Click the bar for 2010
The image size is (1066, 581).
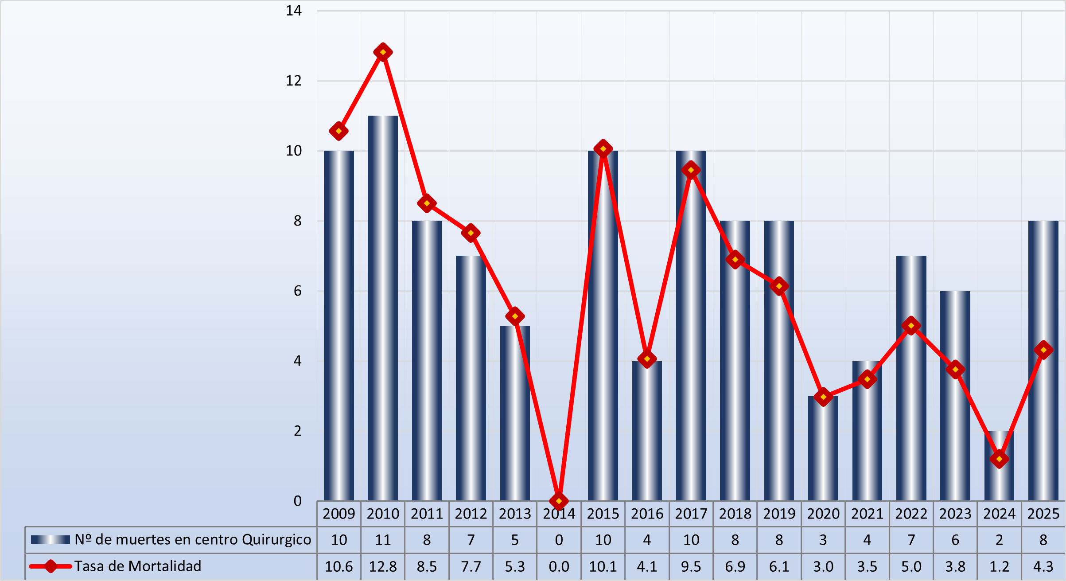[383, 310]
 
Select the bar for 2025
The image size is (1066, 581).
[1043, 399]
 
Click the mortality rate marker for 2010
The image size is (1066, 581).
[383, 52]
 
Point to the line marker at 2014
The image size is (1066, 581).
[559, 501]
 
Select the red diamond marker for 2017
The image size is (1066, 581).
[691, 170]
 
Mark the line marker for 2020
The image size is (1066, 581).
[823, 397]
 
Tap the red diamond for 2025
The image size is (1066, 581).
[1043, 350]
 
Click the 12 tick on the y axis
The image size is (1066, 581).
[293, 81]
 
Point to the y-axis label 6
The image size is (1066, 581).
[297, 291]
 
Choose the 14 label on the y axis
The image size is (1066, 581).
[293, 11]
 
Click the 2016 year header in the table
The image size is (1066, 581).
[647, 514]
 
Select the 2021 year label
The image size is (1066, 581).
[867, 514]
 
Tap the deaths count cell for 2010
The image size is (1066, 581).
[383, 540]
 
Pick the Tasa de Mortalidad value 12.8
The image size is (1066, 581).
[383, 566]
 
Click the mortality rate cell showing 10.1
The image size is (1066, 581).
[603, 566]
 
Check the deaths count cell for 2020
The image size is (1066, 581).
[823, 540]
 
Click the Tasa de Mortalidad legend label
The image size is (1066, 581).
[138, 566]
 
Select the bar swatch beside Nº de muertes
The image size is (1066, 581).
[51, 540]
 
